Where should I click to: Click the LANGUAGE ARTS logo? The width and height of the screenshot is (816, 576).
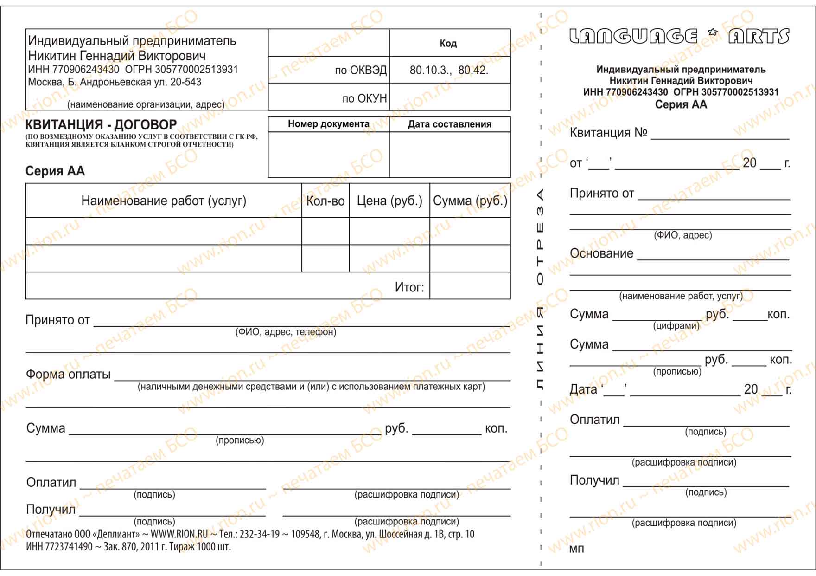679,36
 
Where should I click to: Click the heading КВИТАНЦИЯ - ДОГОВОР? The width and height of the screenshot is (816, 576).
101,125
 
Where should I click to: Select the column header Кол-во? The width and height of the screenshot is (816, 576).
325,201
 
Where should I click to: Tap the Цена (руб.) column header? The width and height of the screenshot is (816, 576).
389,201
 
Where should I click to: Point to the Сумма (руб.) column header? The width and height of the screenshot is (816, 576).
470,201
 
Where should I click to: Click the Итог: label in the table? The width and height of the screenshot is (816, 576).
409,287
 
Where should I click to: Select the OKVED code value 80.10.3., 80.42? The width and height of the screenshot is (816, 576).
449,71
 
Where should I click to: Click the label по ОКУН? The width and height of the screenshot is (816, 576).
364,98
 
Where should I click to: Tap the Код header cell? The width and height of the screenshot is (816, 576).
448,44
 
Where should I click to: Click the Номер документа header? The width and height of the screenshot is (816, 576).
328,124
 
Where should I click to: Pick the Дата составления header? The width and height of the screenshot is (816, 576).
449,124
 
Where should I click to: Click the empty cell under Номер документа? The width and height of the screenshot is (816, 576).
328,155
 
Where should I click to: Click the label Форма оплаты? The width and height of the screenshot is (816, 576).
68,375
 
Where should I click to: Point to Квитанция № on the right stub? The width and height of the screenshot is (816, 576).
608,133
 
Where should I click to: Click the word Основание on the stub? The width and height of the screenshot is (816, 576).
601,253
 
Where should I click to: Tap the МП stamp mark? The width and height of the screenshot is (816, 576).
576,550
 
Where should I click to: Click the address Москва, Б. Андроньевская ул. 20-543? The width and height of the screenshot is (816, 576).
115,83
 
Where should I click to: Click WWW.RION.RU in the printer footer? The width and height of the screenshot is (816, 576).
179,534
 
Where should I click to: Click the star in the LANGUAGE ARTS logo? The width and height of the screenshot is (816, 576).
713,32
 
